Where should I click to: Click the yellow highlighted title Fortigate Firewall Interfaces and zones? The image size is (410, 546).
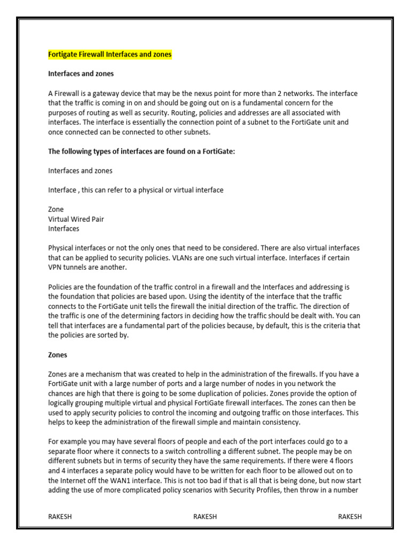point(110,54)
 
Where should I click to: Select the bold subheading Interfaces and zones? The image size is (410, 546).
point(81,74)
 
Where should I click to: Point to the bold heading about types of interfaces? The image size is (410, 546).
point(141,151)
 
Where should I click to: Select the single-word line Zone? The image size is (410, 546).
point(56,210)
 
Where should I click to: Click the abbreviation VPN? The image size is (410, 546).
point(56,268)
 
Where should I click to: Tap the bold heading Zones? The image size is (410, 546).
point(58,355)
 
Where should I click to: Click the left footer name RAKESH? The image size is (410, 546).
point(61,517)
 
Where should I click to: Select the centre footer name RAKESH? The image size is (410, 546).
point(205,517)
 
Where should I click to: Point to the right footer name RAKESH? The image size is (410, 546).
point(350,517)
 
